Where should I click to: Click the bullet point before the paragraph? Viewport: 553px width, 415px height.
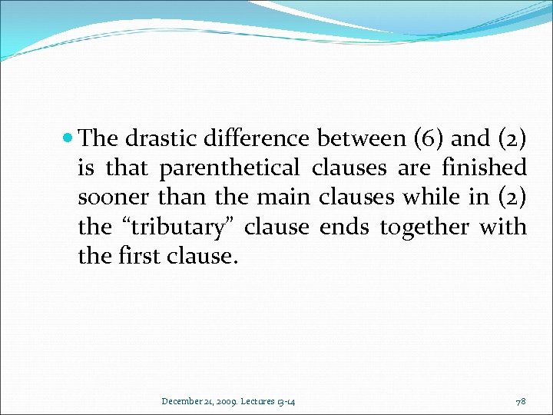pos(69,139)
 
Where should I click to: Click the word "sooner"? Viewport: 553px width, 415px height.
pos(114,198)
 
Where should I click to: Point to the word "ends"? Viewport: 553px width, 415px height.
pos(342,227)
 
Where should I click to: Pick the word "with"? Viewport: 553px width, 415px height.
pos(503,227)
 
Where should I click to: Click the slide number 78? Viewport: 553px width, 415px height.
pos(522,401)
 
